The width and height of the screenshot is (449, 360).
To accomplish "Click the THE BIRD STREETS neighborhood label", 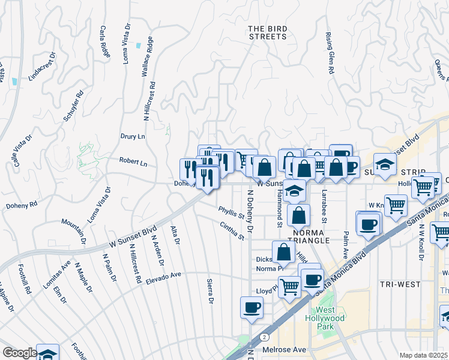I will click(268, 32).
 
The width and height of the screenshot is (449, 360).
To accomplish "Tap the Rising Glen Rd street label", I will click(330, 53).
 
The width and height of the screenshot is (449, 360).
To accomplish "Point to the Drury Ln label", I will click(133, 137).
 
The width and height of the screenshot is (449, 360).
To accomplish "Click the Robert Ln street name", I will click(133, 162).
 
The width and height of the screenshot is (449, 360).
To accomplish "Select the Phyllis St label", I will click(232, 212).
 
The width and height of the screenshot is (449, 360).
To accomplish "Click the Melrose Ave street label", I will click(285, 349).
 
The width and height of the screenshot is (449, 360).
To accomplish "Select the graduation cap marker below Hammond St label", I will click(295, 190).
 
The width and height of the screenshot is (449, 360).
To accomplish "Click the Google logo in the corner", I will click(19, 353).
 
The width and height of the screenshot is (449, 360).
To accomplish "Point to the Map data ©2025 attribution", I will click(423, 355).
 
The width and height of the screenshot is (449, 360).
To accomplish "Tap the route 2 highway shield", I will click(265, 338).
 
